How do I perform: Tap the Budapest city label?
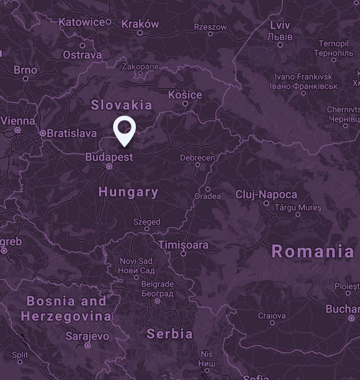(109, 157)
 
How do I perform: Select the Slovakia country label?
(122, 105)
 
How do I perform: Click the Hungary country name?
(128, 193)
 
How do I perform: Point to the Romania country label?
(313, 252)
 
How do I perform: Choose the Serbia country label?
(170, 334)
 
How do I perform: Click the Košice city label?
(185, 95)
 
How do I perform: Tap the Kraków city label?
(140, 24)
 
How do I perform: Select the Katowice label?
(82, 22)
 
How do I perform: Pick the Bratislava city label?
(72, 133)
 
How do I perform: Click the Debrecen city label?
(198, 158)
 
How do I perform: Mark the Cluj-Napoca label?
(266, 195)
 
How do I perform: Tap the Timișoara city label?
(183, 245)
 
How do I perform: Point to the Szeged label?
(147, 222)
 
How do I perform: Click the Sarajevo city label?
(87, 337)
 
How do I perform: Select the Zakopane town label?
(141, 67)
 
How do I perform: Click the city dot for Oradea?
(208, 189)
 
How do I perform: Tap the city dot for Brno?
(26, 79)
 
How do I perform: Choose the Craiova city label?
(272, 316)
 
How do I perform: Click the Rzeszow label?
(210, 27)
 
